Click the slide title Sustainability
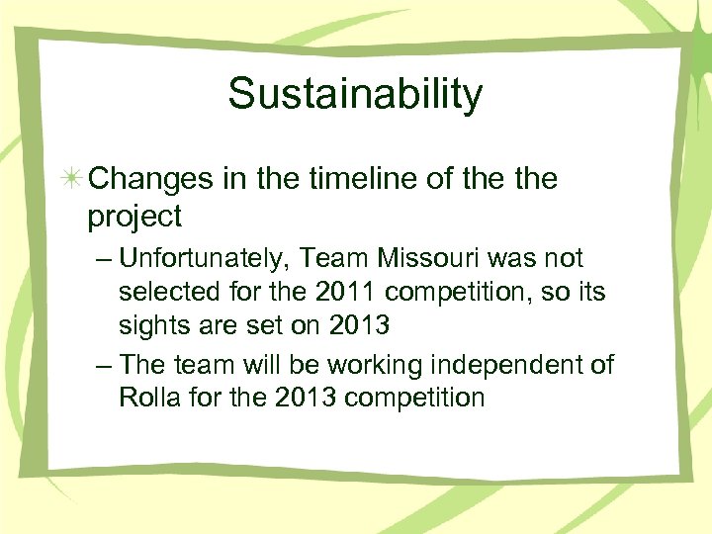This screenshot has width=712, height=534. point(355,94)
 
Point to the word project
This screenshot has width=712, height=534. point(134,216)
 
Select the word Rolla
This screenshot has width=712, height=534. point(146,399)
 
